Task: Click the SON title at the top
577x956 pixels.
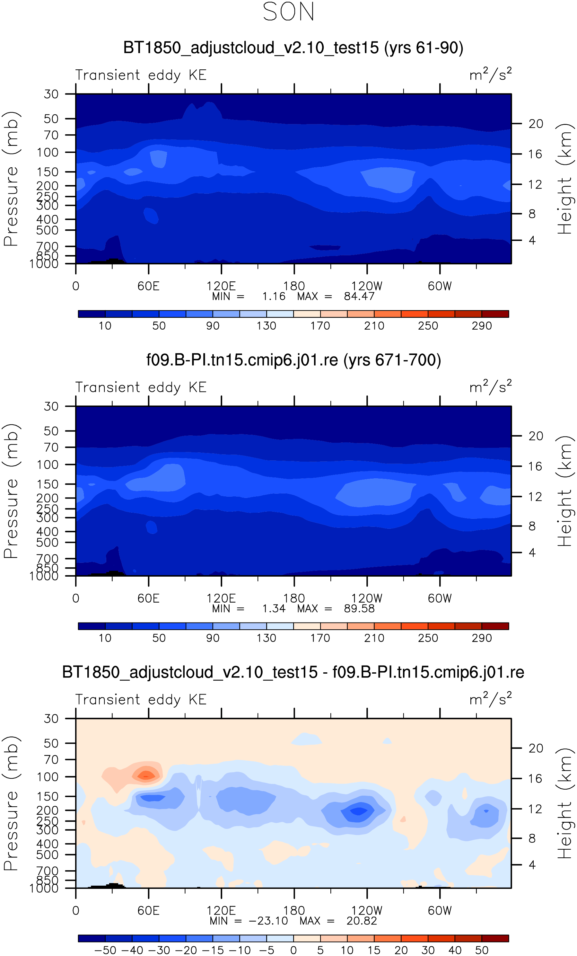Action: [288, 12]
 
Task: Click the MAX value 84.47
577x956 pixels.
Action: [359, 297]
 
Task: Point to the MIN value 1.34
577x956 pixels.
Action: [274, 609]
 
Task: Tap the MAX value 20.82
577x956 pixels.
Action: [362, 921]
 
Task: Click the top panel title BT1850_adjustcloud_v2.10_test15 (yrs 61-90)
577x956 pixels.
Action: [293, 48]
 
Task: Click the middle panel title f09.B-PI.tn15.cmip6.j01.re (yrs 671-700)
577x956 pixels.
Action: [293, 360]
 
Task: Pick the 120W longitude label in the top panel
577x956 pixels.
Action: [367, 286]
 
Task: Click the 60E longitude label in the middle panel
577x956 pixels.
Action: [149, 599]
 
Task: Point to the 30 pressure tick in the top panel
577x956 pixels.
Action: [51, 94]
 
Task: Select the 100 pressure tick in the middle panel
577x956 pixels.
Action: [48, 465]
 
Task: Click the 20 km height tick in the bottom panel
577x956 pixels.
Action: [536, 748]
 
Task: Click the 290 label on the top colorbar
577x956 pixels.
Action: [482, 326]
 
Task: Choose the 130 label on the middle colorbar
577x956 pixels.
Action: [267, 638]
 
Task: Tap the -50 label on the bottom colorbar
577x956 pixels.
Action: [105, 950]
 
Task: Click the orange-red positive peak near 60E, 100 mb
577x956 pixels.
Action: [146, 775]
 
